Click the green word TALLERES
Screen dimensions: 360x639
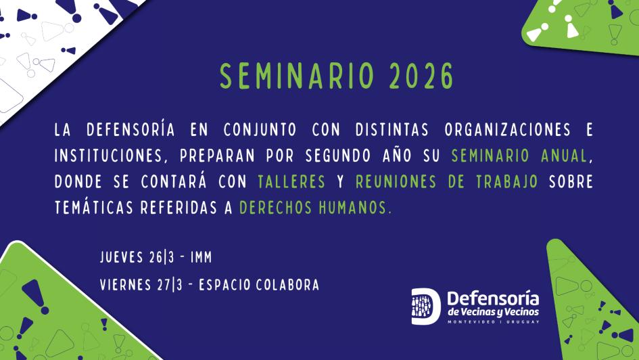tap(291, 182)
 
